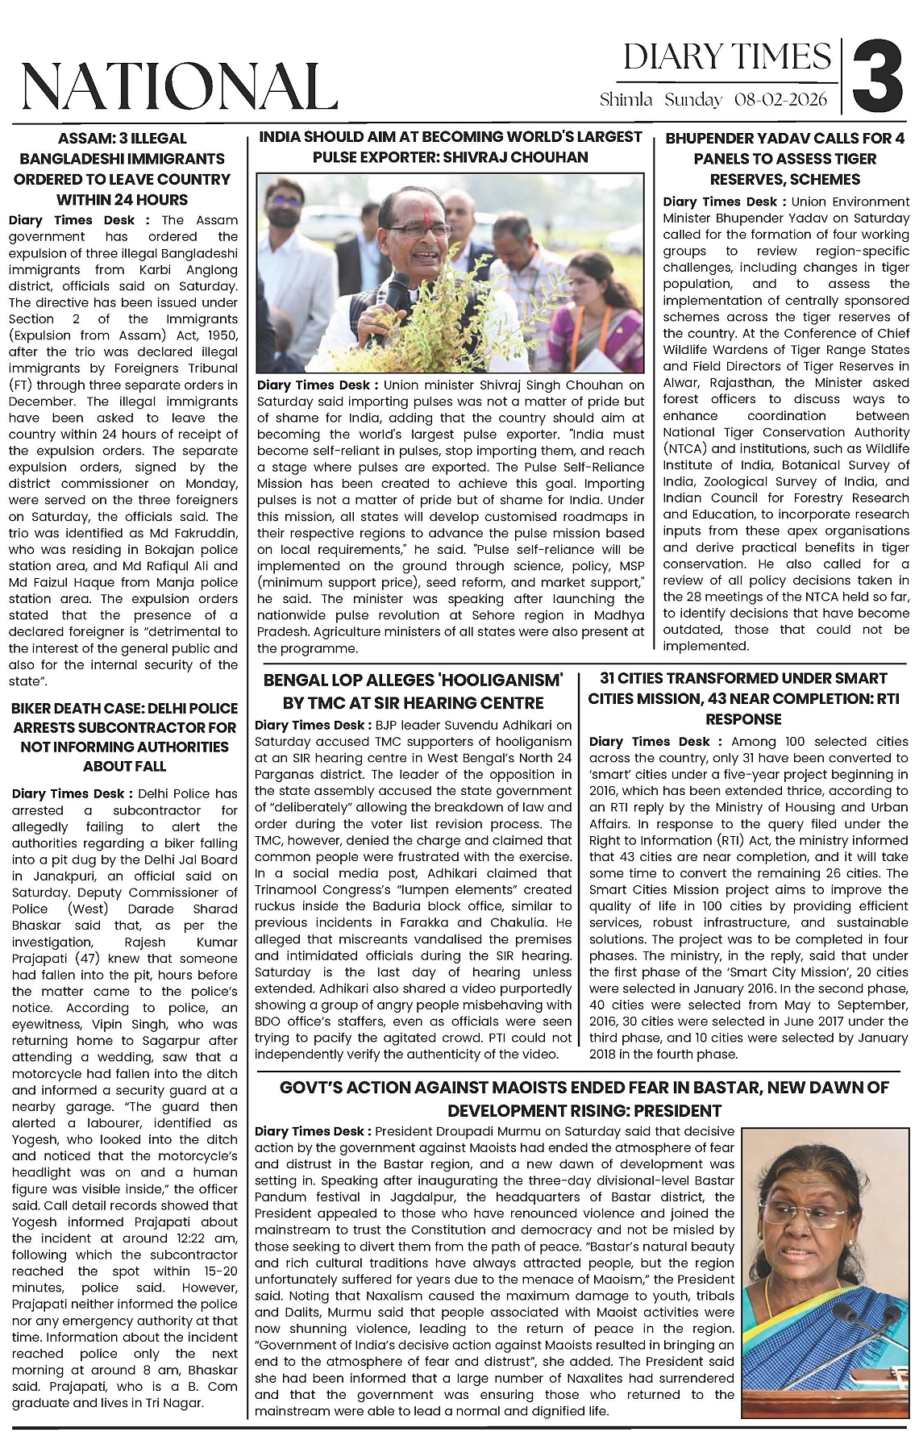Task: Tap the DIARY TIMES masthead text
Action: (726, 57)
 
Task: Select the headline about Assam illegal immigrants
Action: (123, 169)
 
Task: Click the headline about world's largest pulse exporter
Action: (451, 147)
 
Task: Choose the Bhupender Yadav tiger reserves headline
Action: (784, 159)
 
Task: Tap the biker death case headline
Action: (124, 737)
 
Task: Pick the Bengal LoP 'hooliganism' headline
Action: (413, 692)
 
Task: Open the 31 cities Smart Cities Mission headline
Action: (743, 698)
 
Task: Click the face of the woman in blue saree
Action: (813, 1209)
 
